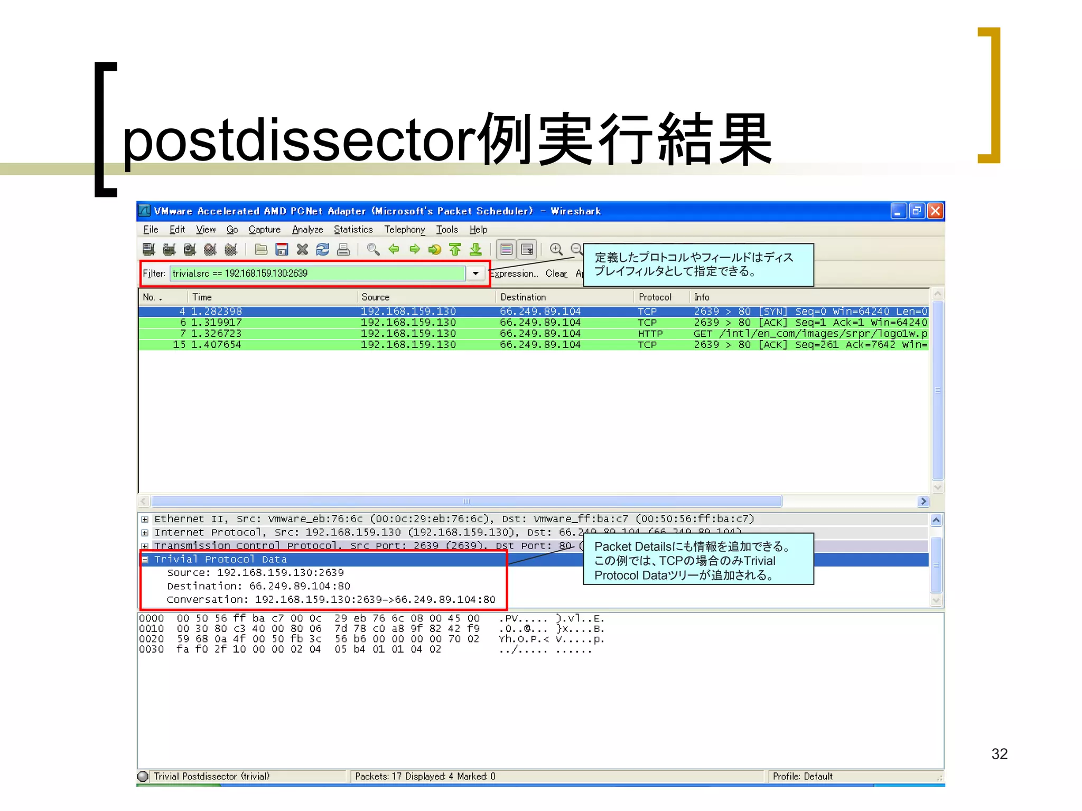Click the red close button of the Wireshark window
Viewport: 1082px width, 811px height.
point(935,211)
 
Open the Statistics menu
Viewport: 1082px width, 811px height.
point(353,230)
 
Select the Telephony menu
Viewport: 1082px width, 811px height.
point(404,230)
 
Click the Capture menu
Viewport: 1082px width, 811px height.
point(264,230)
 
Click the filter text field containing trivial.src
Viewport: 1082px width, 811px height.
point(317,274)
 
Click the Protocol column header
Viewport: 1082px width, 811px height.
point(655,297)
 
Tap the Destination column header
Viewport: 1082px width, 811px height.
point(523,297)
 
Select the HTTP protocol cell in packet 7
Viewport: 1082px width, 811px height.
point(649,334)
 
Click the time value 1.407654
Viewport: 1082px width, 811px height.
point(216,345)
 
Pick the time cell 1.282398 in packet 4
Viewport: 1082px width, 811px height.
point(216,312)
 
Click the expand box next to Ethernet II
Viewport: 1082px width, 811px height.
point(145,520)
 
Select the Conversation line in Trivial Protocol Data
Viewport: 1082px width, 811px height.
point(331,600)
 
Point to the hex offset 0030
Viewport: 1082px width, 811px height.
point(152,649)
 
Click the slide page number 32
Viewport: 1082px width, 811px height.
point(999,754)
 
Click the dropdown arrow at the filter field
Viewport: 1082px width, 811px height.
point(475,274)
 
